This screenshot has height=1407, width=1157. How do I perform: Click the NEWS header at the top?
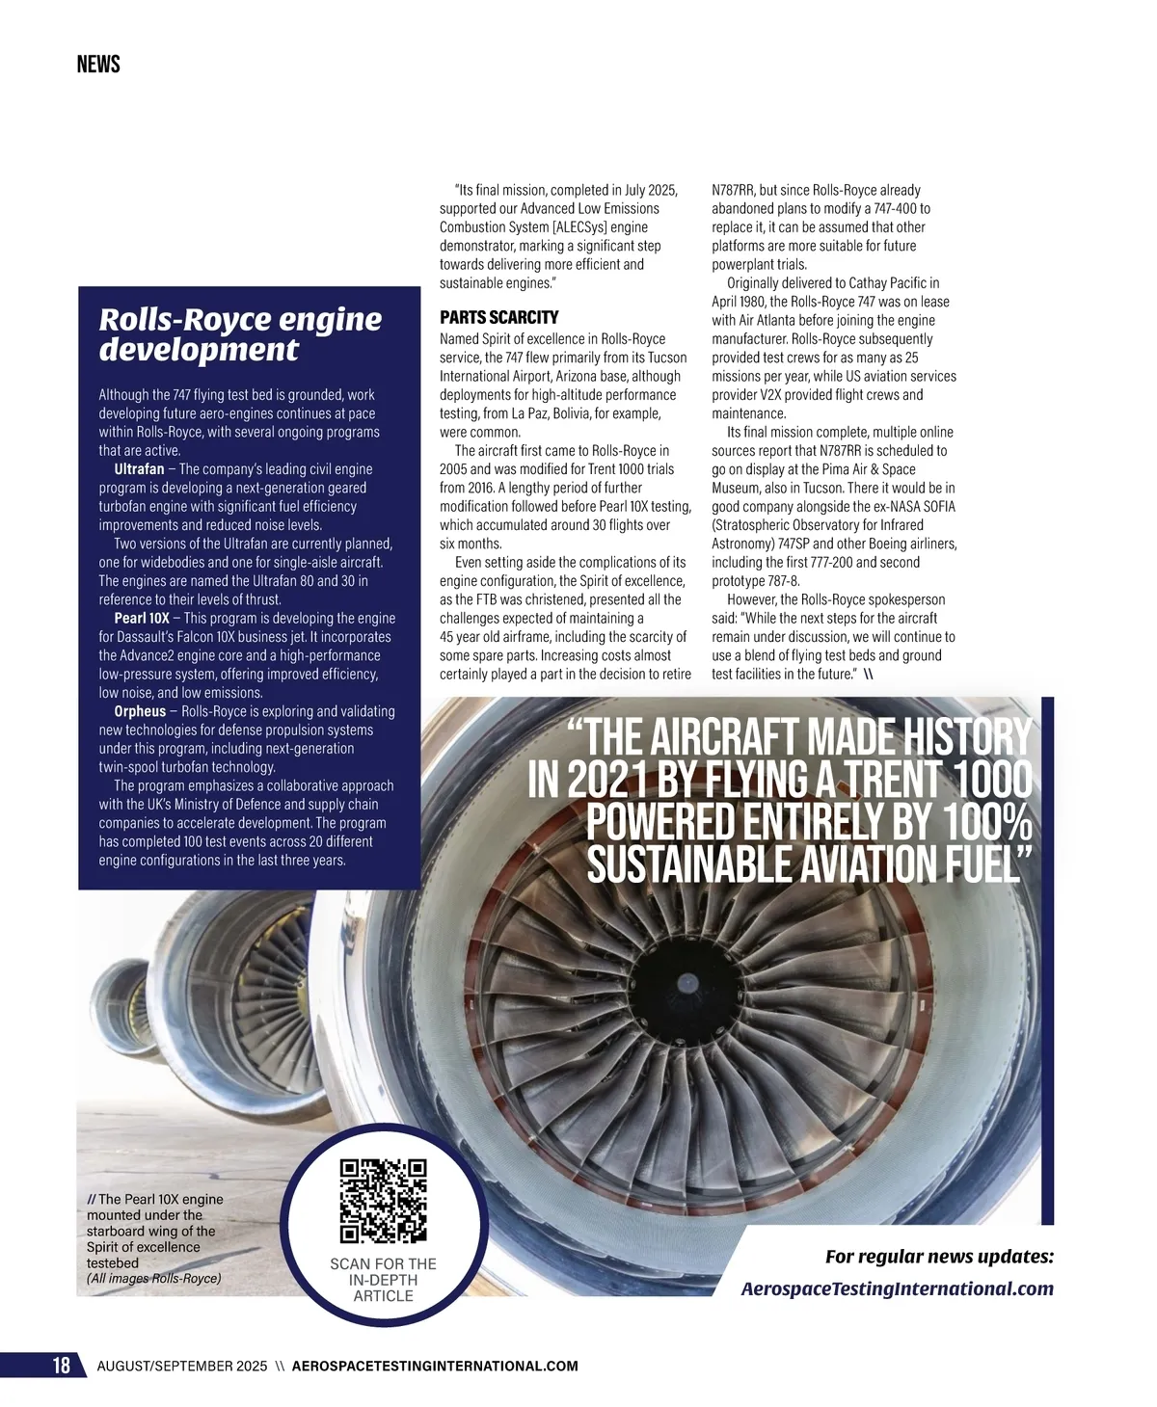pyautogui.click(x=98, y=65)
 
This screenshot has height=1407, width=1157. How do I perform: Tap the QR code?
pyautogui.click(x=383, y=1200)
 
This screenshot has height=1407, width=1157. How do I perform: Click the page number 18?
pyautogui.click(x=61, y=1366)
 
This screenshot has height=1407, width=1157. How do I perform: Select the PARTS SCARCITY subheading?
pyautogui.click(x=498, y=317)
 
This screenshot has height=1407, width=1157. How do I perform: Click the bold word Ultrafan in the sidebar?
pyautogui.click(x=139, y=469)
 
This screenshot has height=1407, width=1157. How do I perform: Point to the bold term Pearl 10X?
pyautogui.click(x=141, y=618)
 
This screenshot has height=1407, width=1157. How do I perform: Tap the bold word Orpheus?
pyautogui.click(x=140, y=711)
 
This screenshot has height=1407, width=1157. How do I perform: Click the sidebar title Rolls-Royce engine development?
pyautogui.click(x=240, y=333)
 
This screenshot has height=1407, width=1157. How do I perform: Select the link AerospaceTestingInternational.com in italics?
pyautogui.click(x=897, y=1288)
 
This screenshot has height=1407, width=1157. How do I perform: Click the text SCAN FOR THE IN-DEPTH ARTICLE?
pyautogui.click(x=383, y=1280)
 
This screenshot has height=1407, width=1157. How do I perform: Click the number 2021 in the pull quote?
pyautogui.click(x=605, y=781)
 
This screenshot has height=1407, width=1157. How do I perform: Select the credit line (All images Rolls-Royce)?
pyautogui.click(x=153, y=1279)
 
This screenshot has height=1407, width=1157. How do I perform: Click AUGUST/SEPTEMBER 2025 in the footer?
pyautogui.click(x=182, y=1366)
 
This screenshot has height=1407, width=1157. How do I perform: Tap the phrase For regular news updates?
pyautogui.click(x=939, y=1257)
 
